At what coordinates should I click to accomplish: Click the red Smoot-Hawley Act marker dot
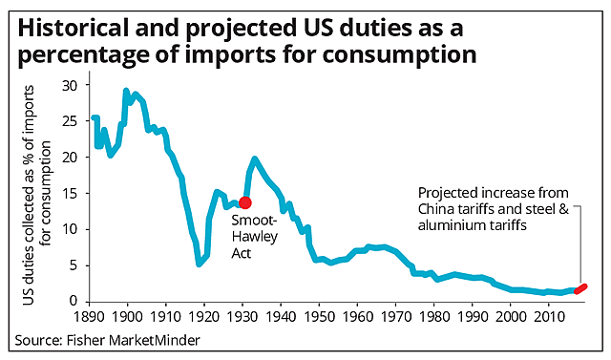click(245, 201)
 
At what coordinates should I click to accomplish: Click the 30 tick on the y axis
click(69, 85)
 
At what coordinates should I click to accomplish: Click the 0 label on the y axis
click(73, 301)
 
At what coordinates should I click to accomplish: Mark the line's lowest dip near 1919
click(199, 263)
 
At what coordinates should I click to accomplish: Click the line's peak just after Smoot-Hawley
click(255, 159)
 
